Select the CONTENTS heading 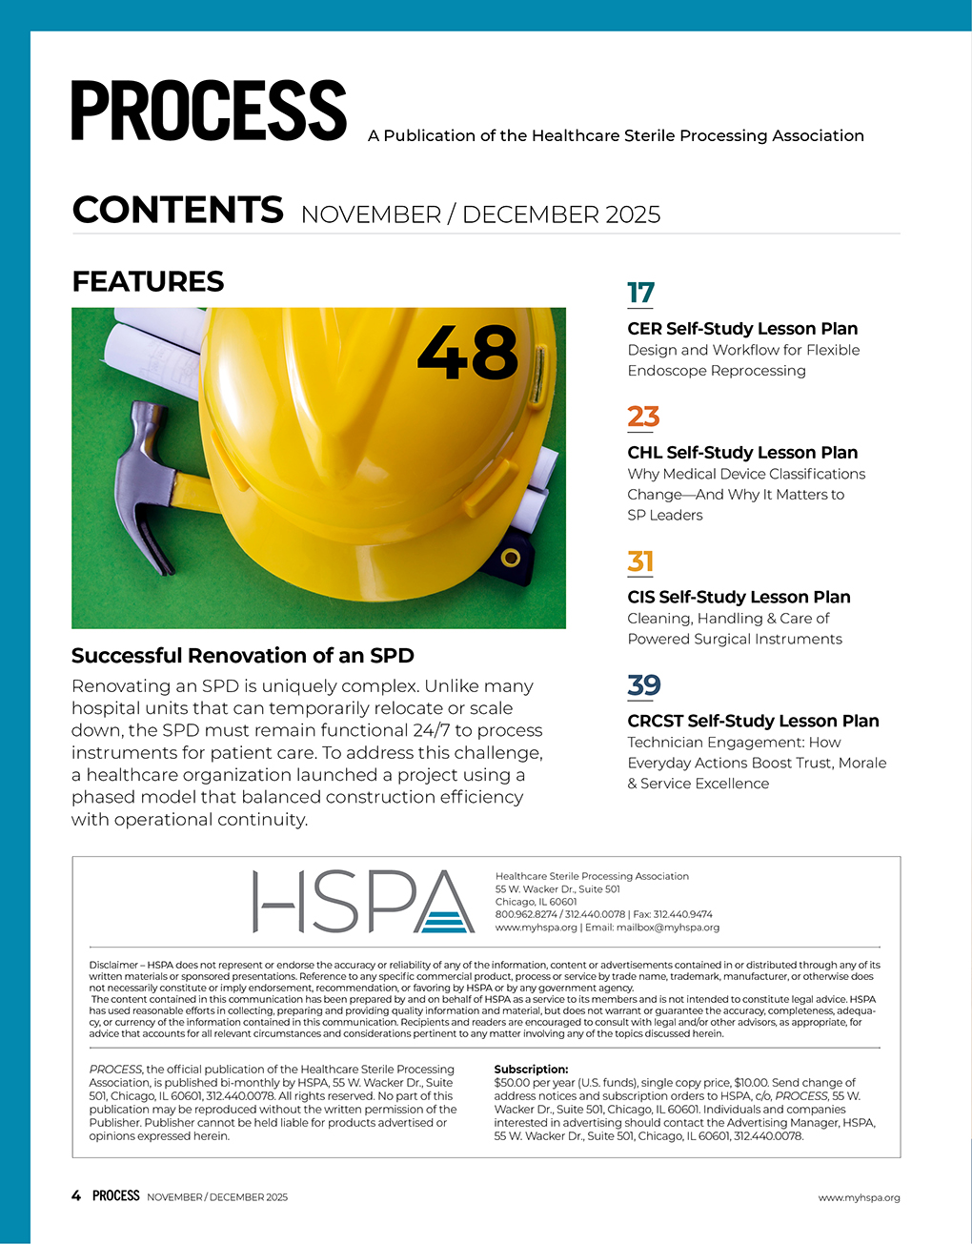(177, 210)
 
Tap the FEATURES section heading (148, 281)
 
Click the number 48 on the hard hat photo (467, 353)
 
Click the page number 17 (640, 293)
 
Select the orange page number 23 (643, 417)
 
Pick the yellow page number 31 (640, 561)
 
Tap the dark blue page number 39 (644, 685)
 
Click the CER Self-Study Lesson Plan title (742, 329)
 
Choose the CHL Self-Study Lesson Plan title (742, 453)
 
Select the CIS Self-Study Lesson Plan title (739, 598)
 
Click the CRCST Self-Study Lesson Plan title (753, 722)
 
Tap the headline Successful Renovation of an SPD (243, 656)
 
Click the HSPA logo (363, 902)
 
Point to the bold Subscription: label (531, 1070)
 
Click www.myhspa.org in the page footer (859, 1197)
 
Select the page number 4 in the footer (76, 1195)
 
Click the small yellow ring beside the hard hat (511, 557)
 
